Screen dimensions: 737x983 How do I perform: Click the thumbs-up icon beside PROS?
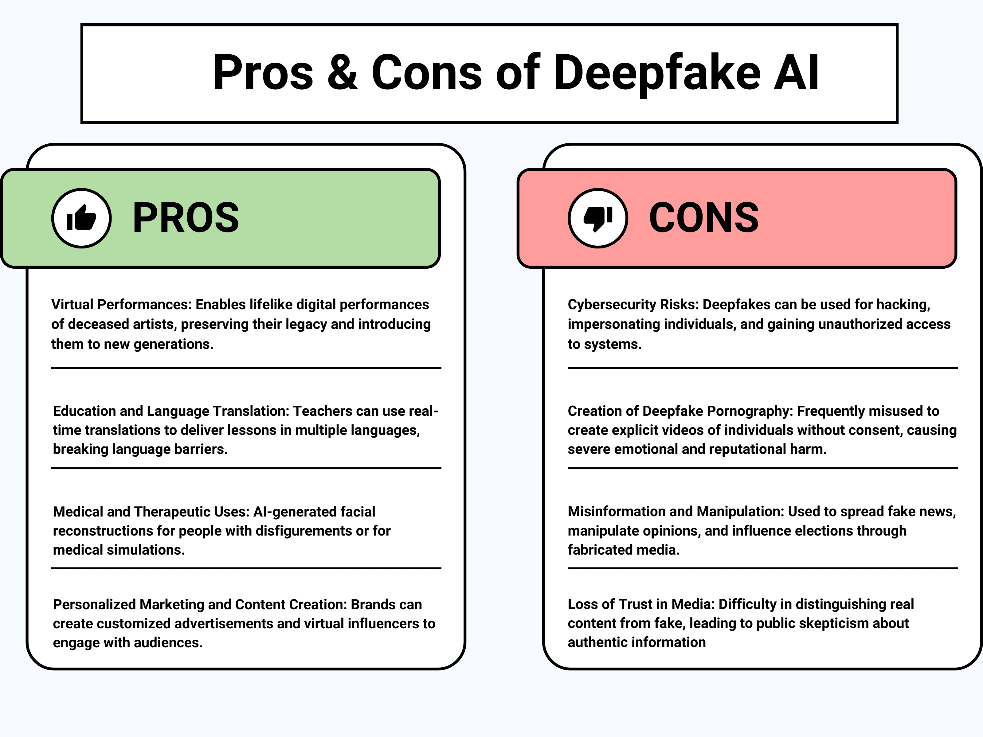point(81,218)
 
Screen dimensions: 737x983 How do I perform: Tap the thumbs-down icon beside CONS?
point(598,218)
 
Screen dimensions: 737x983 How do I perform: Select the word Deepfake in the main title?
point(657,73)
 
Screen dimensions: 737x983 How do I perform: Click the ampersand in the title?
point(342,73)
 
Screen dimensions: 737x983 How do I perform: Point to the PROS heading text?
point(186,218)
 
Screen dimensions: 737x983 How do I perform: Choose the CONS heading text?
point(704,218)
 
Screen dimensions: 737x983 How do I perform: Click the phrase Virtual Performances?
point(121,305)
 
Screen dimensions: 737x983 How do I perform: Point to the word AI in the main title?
point(796,73)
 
